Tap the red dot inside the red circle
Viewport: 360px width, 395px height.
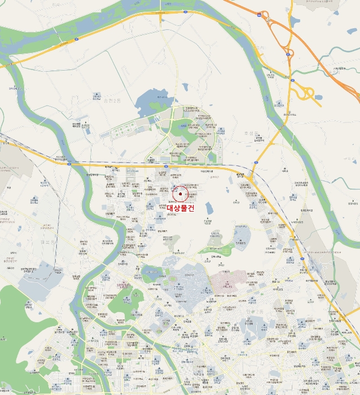[x=180, y=194]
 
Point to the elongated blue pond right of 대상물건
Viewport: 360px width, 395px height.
[x=210, y=208]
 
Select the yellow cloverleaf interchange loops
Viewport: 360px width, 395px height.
[x=305, y=93]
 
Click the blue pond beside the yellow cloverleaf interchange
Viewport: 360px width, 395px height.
[x=318, y=97]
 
